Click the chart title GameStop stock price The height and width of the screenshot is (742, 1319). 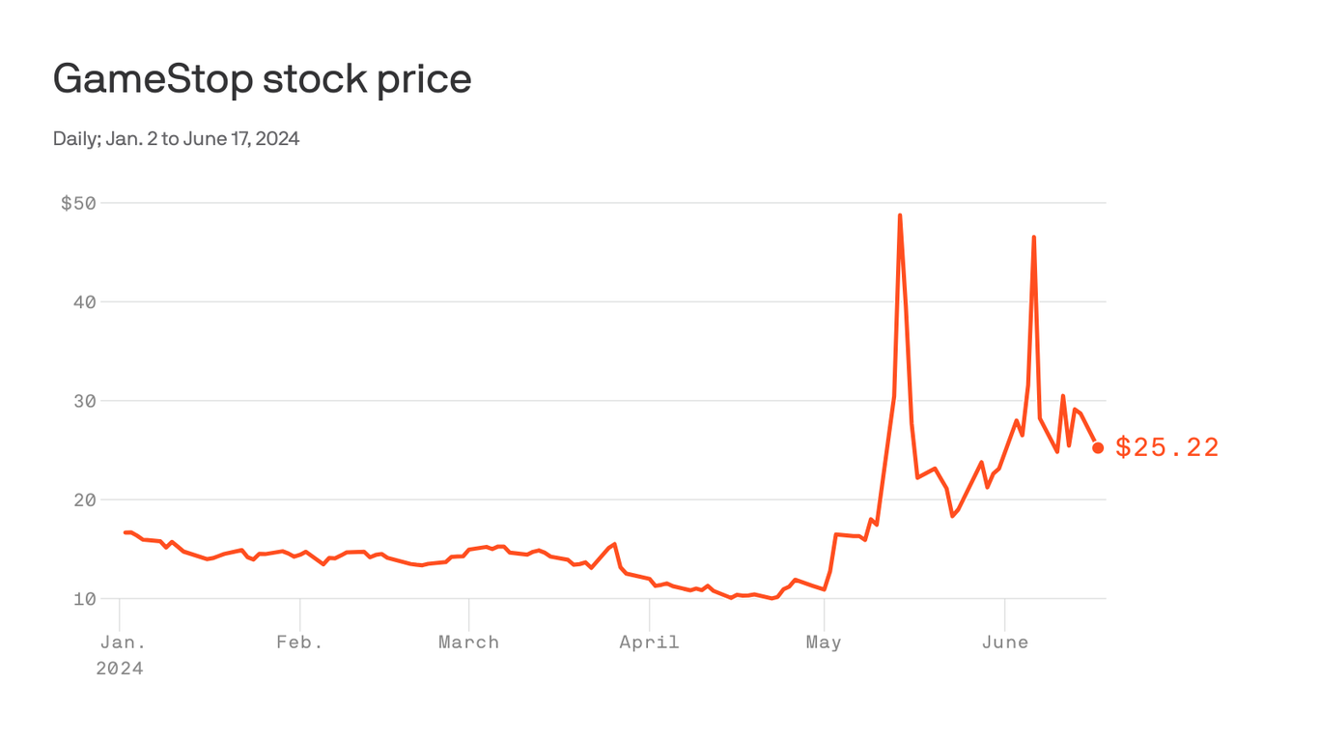(262, 78)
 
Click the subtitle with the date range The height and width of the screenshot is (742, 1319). (176, 139)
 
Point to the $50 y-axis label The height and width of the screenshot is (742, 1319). (78, 203)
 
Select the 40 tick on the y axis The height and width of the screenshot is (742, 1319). (85, 302)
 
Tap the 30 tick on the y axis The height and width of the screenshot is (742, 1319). (85, 401)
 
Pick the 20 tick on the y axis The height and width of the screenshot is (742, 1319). (85, 500)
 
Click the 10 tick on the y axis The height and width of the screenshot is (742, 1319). (85, 599)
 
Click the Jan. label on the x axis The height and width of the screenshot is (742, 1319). (120, 642)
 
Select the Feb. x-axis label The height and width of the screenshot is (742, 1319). (299, 642)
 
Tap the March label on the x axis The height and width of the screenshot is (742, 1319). (468, 642)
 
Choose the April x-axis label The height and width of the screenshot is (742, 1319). (649, 642)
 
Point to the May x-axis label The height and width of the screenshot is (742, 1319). (824, 642)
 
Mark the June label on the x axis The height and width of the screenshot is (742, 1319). (1004, 642)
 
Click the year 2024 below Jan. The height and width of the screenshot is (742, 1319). (120, 669)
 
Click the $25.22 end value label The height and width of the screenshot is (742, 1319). (1167, 447)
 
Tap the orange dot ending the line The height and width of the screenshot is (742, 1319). (1098, 447)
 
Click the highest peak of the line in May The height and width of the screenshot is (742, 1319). (900, 215)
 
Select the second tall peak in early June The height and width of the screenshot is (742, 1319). (1034, 237)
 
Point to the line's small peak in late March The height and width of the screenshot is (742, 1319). (615, 544)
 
